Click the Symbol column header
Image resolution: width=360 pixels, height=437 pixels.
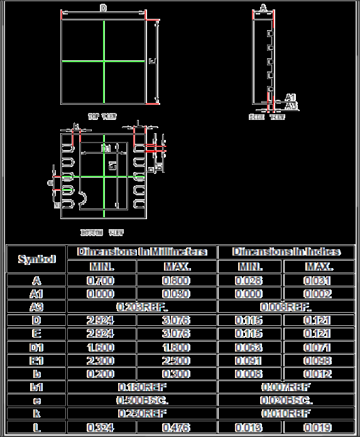pyautogui.click(x=36, y=259)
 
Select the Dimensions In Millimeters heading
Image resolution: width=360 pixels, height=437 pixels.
pyautogui.click(x=142, y=252)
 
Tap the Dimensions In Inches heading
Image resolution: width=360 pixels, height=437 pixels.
pyautogui.click(x=286, y=252)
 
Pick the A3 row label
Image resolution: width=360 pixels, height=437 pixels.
pyautogui.click(x=36, y=307)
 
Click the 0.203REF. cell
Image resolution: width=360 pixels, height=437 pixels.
pyautogui.click(x=142, y=307)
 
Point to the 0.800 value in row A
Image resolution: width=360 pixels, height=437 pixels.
pyautogui.click(x=177, y=281)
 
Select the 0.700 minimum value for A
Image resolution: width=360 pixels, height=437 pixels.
pyautogui.click(x=101, y=281)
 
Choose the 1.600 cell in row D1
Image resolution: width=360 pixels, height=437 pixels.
pyautogui.click(x=101, y=347)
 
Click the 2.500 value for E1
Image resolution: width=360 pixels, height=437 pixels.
pyautogui.click(x=177, y=360)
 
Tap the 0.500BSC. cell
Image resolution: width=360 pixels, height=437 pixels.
pyautogui.click(x=142, y=400)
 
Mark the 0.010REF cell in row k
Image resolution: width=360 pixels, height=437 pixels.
pyautogui.click(x=286, y=414)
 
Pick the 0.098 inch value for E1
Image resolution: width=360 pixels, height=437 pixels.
pyautogui.click(x=319, y=360)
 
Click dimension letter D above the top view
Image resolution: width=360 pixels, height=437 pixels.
pyautogui.click(x=103, y=8)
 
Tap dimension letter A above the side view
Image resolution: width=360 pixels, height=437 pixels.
pyautogui.click(x=263, y=7)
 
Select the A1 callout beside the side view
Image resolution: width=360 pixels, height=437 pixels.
pyautogui.click(x=290, y=97)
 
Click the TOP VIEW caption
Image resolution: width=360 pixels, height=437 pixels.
pyautogui.click(x=102, y=116)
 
